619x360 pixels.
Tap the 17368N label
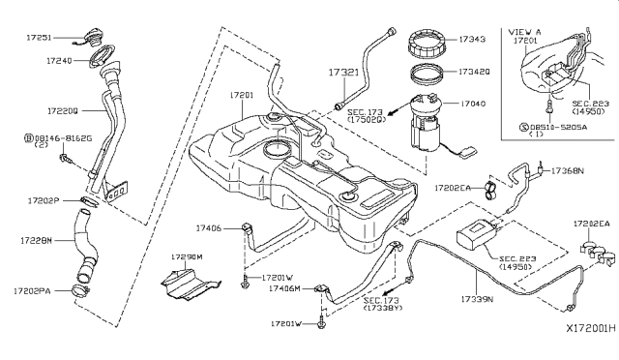pyautogui.click(x=570, y=170)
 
